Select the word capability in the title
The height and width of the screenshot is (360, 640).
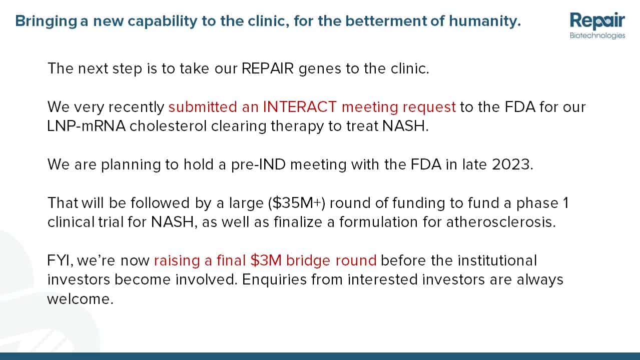point(162,21)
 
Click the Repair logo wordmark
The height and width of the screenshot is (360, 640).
point(597,20)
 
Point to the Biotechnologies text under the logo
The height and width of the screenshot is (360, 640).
point(597,35)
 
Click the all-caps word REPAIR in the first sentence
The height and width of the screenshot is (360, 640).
point(267,68)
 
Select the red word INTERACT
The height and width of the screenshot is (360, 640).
point(300,107)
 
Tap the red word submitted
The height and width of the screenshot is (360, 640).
point(203,107)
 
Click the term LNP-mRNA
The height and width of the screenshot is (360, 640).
point(86,126)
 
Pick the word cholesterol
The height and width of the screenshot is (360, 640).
point(168,126)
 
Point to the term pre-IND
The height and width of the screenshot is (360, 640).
point(258,164)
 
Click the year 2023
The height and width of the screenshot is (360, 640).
point(510,164)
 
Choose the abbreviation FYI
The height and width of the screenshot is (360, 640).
point(58,260)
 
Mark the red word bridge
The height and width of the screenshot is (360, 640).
point(308,261)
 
